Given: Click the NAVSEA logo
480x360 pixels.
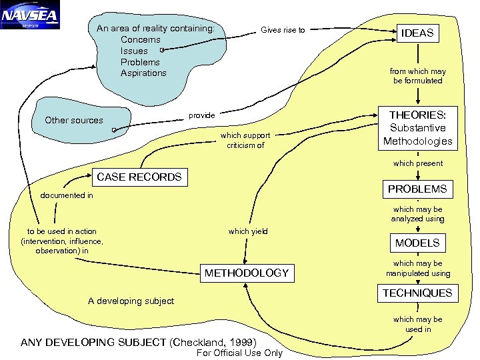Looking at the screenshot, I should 30,15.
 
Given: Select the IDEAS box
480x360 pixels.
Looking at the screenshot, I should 417,33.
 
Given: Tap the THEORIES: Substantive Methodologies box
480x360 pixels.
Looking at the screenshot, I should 417,128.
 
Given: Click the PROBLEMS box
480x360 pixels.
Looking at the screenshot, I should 417,189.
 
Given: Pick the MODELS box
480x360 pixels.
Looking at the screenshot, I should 417,243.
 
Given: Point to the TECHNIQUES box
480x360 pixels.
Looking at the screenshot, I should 417,293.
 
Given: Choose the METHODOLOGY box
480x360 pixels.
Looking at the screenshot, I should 247,273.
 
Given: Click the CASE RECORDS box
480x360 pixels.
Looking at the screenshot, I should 139,177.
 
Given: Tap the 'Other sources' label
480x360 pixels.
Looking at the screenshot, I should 74,120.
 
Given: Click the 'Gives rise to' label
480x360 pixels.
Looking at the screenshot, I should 283,30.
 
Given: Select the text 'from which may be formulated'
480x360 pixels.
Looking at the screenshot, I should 418,76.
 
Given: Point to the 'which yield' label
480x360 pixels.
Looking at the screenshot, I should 248,231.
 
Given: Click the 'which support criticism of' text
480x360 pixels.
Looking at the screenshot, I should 245,140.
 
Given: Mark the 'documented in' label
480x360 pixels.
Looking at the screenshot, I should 67,196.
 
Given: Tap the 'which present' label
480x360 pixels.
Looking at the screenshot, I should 418,163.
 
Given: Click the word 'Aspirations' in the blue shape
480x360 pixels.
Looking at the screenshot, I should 143,73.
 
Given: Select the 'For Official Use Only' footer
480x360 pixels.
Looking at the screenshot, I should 241,353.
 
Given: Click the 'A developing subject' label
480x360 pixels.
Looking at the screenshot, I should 131,301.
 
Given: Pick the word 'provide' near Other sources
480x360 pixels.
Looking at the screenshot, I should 202,115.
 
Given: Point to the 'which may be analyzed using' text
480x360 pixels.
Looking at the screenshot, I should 418,214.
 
